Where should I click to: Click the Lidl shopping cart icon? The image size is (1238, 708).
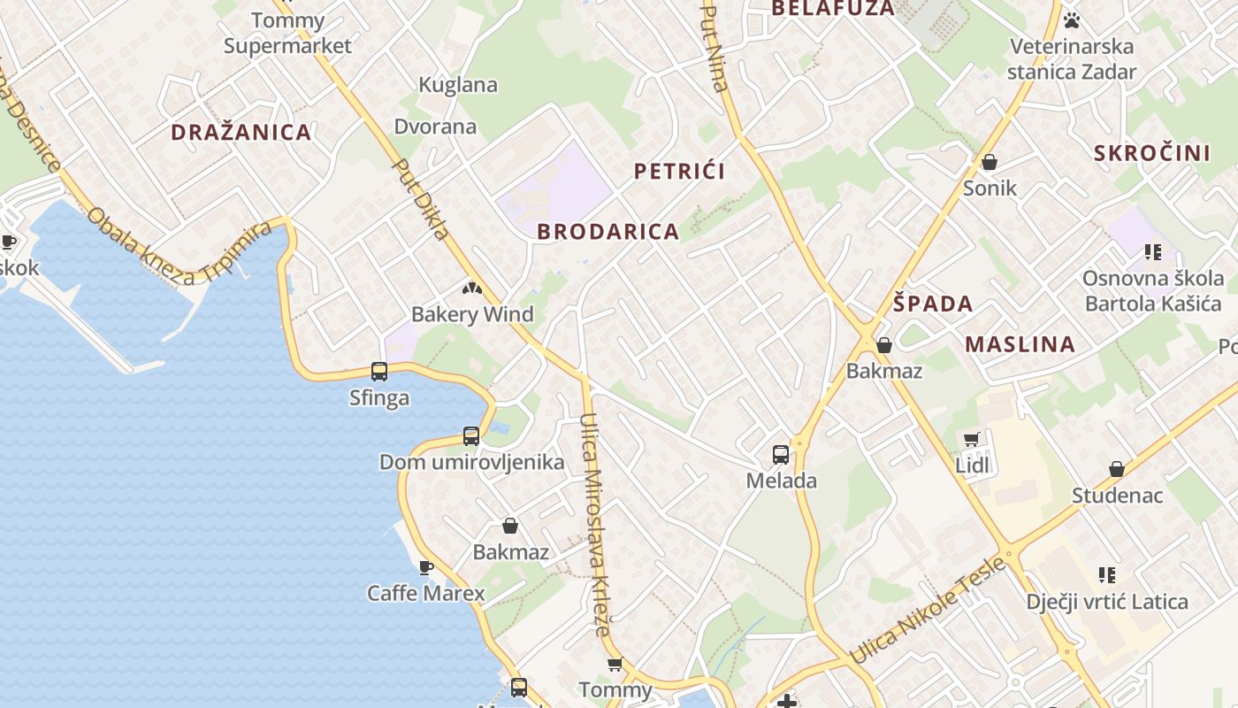pos(972,439)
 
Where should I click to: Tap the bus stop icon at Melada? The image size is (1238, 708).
pos(781,455)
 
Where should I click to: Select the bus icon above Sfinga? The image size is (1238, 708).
pos(379,372)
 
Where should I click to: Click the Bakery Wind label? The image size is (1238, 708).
pos(472,314)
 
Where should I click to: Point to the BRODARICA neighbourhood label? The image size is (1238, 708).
pos(608,232)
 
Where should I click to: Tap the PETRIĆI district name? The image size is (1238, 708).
pos(679,172)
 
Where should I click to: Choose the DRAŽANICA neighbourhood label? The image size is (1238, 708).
pos(241,133)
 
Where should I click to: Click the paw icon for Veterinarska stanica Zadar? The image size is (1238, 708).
pos(1072,19)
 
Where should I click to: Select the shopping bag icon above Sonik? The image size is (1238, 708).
pos(990,162)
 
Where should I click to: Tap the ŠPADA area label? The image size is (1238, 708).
pos(932,304)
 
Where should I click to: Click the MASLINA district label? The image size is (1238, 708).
pos(1020,344)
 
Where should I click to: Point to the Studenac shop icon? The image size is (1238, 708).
pos(1117,469)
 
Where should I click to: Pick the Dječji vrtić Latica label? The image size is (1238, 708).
pos(1107,602)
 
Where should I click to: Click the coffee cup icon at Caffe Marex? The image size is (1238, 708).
pos(426,566)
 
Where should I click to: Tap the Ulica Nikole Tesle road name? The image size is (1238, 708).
pos(928,611)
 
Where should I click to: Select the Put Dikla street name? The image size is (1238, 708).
pos(422,198)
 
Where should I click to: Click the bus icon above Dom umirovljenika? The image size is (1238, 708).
pos(471,436)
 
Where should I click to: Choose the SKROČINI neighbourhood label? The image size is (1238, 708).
pos(1152,153)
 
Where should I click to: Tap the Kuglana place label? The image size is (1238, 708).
pos(458,85)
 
